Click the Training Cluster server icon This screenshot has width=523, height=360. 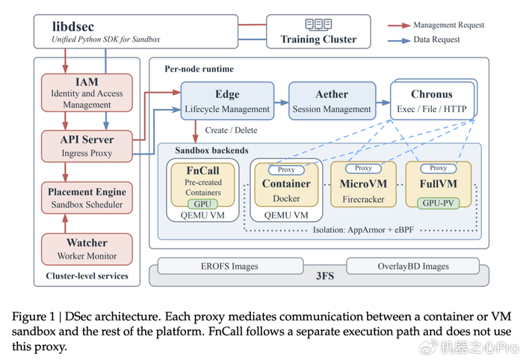[318, 25]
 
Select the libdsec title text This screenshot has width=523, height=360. [73, 27]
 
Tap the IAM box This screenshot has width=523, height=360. [87, 93]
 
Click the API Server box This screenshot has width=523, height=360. [87, 146]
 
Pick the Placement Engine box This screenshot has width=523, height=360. [87, 198]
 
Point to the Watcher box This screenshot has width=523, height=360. [87, 249]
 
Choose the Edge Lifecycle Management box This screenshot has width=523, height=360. [227, 101]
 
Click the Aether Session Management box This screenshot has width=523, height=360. [332, 101]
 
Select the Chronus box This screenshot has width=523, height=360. [433, 99]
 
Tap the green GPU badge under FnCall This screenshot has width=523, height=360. [202, 204]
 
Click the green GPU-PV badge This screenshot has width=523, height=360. [439, 203]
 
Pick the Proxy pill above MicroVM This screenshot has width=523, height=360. [363, 168]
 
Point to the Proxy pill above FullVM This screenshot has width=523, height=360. [439, 168]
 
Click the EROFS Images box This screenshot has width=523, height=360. [230, 266]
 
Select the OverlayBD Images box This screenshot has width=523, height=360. [413, 266]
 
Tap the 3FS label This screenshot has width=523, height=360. [325, 276]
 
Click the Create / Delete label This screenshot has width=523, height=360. [231, 130]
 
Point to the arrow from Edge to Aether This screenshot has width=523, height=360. [281, 102]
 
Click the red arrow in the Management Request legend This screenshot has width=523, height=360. [399, 25]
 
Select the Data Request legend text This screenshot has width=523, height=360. [436, 40]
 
